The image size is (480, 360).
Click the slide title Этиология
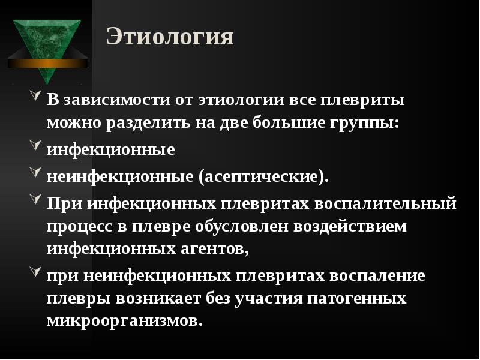point(170,37)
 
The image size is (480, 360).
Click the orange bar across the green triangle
point(48,62)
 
